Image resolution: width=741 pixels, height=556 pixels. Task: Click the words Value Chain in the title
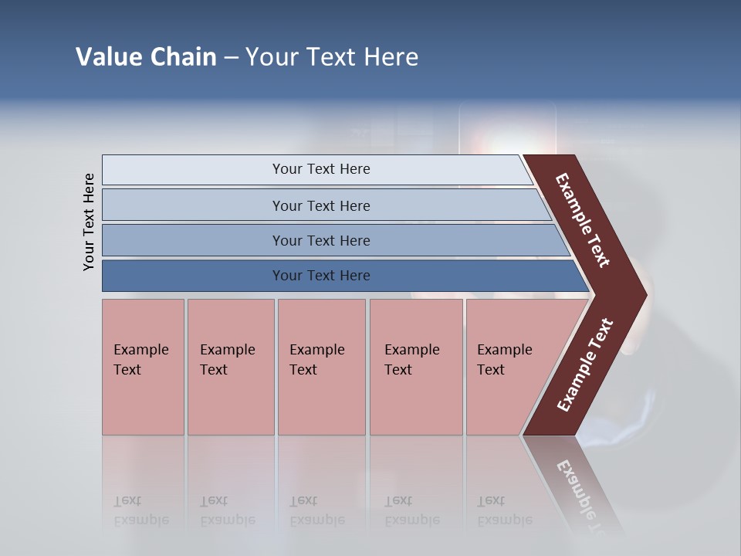[146, 57]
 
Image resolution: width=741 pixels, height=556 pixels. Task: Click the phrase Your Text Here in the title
[332, 57]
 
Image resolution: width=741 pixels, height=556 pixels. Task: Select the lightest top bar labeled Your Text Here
[320, 169]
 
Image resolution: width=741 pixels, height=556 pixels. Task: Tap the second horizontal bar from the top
[320, 205]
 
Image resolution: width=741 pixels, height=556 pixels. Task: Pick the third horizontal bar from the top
[320, 240]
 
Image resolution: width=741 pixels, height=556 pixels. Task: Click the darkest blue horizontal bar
[320, 276]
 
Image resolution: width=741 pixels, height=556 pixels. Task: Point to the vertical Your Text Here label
[89, 222]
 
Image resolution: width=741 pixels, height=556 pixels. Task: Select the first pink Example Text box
[143, 367]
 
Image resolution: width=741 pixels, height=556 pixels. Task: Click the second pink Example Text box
[230, 367]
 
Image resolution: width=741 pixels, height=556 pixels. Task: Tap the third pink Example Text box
[320, 367]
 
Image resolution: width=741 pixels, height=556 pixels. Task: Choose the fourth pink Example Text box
[415, 367]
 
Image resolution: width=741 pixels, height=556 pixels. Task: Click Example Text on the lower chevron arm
[585, 365]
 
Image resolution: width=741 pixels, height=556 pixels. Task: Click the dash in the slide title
[231, 58]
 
